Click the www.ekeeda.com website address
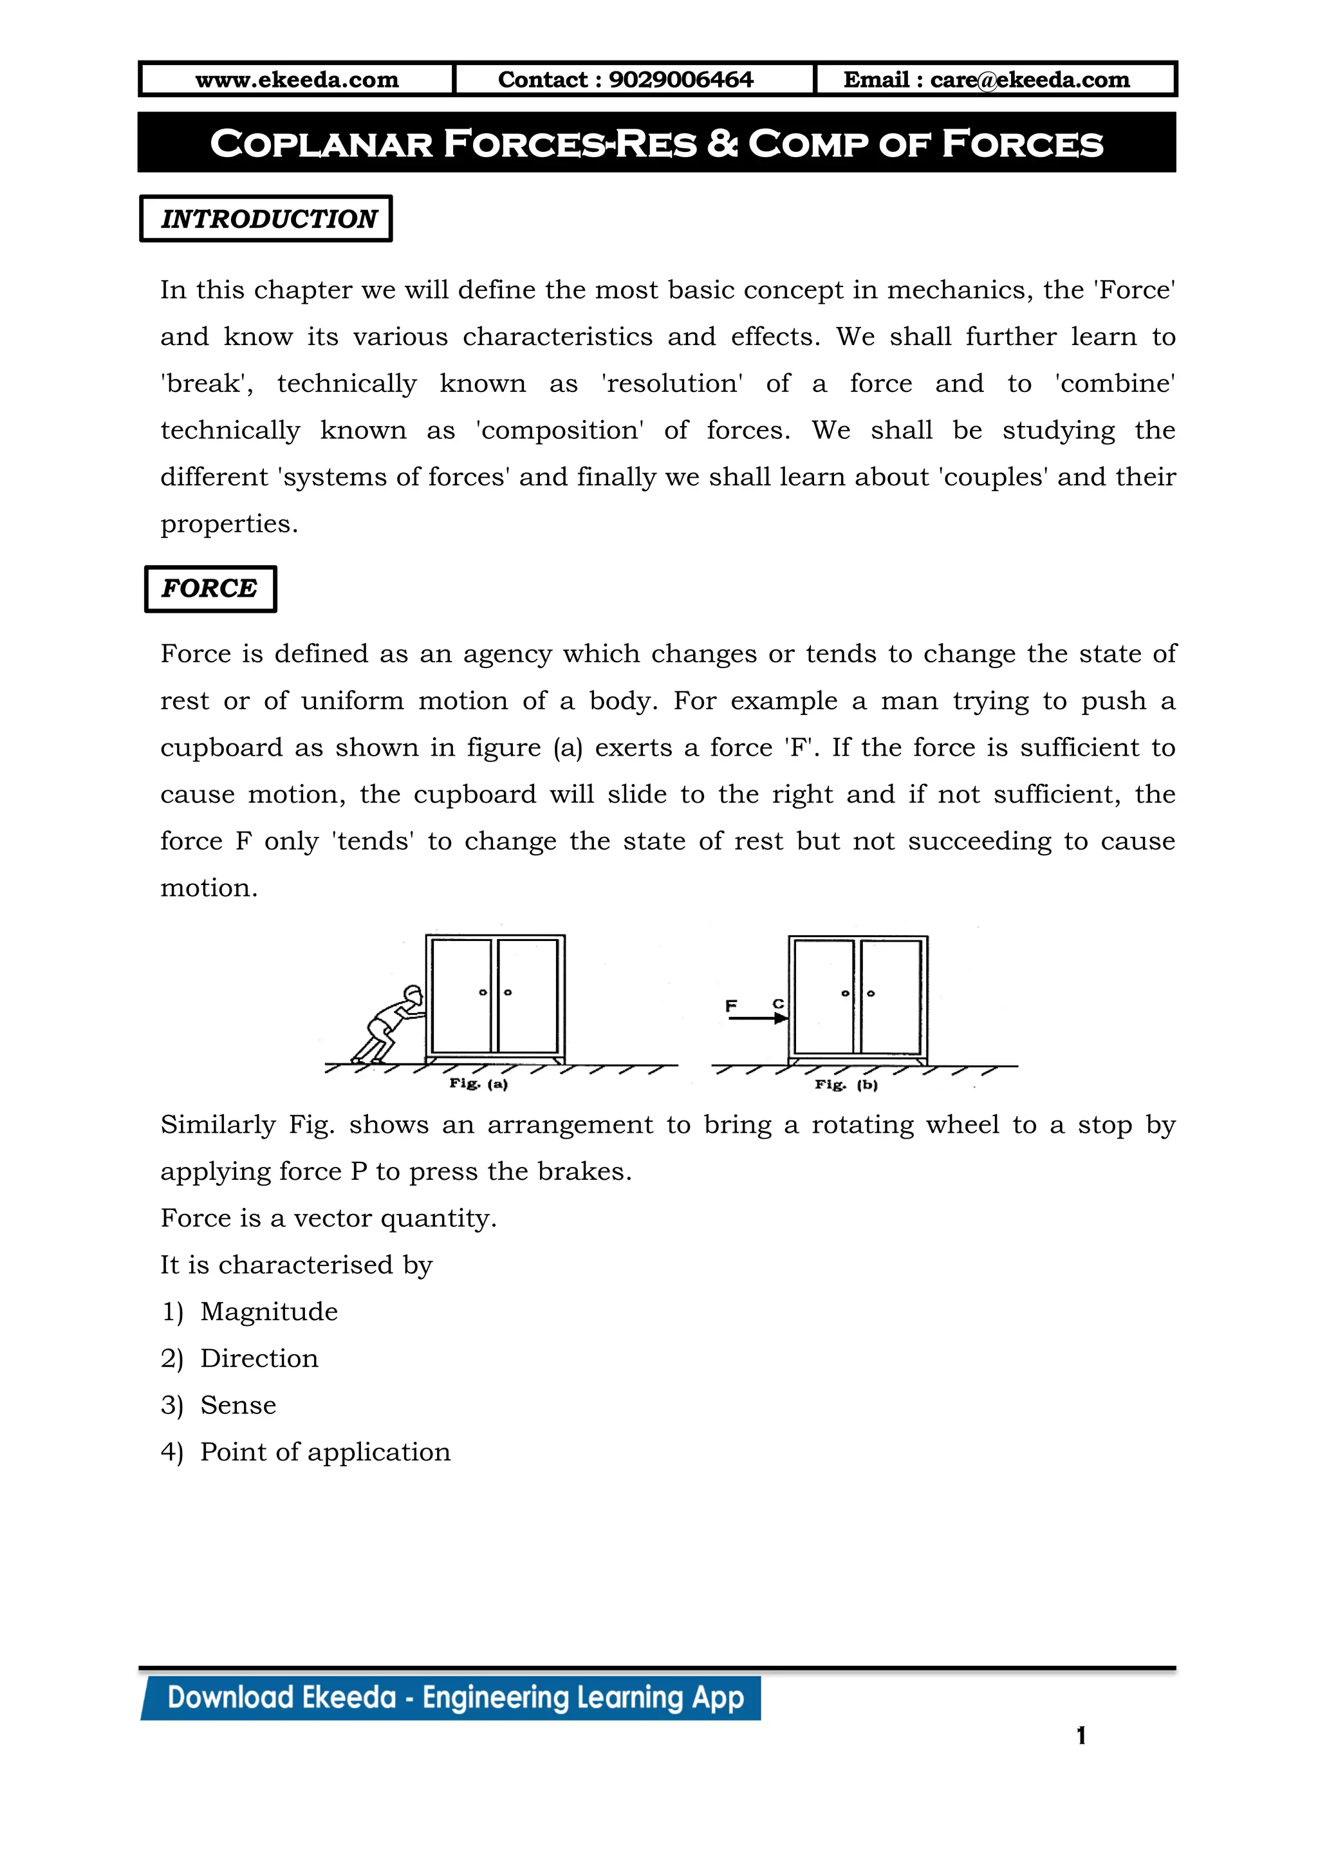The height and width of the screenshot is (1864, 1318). coord(297,80)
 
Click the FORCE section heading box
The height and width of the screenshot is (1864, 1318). coord(210,588)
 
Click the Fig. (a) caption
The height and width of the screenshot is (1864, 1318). coord(478,1084)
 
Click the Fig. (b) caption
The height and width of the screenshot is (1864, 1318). coord(846,1085)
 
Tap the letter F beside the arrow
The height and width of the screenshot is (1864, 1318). coord(730,1006)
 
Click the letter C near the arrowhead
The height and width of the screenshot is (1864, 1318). coord(777,1004)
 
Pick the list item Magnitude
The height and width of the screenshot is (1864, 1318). coord(268,1311)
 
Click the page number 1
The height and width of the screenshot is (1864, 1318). coord(1081,1736)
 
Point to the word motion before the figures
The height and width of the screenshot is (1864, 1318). coord(208,888)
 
